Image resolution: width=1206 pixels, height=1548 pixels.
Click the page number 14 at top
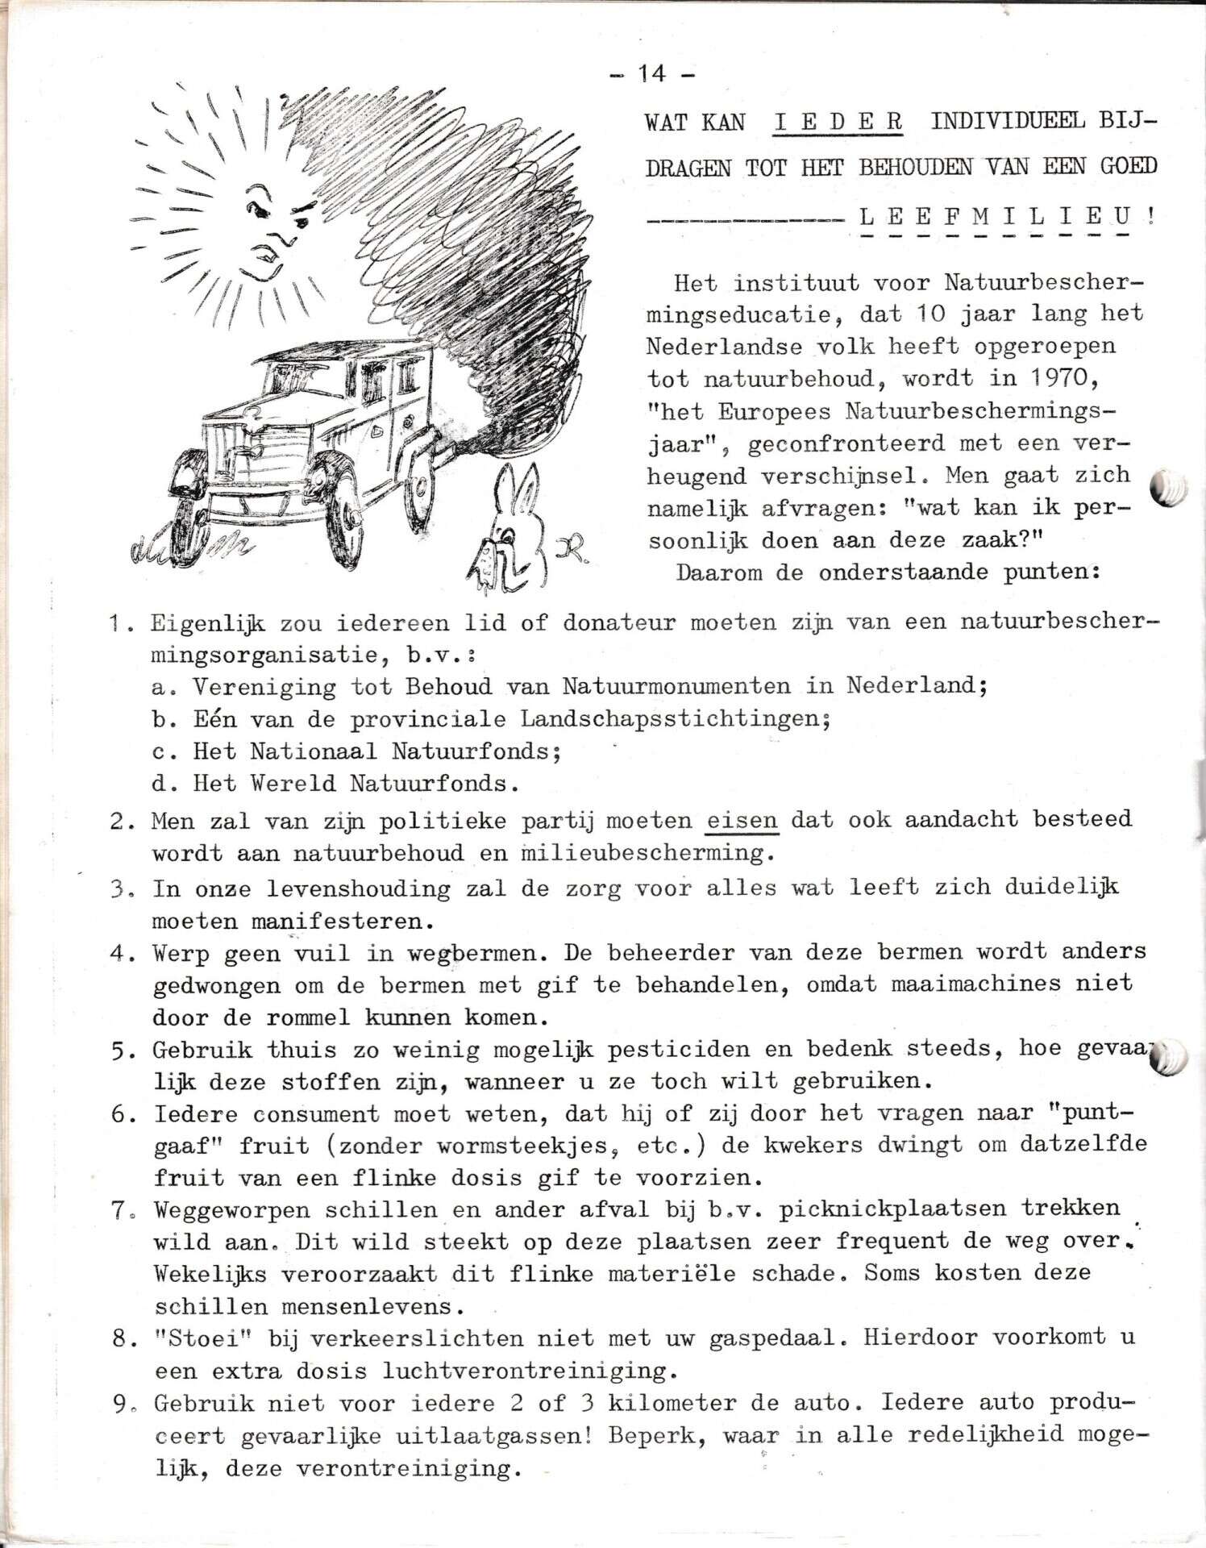click(x=653, y=74)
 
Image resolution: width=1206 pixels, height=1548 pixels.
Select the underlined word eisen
click(x=742, y=820)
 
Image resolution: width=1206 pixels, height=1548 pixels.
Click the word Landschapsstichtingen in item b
click(x=675, y=718)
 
